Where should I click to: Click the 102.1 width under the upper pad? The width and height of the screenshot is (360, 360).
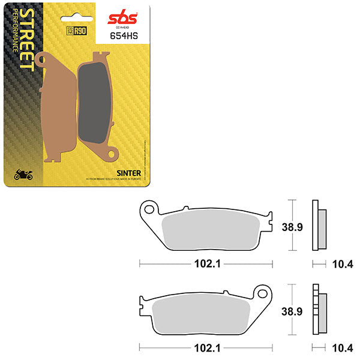207,263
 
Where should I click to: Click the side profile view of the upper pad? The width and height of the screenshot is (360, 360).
320,224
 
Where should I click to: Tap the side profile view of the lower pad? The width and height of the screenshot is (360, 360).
320,308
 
